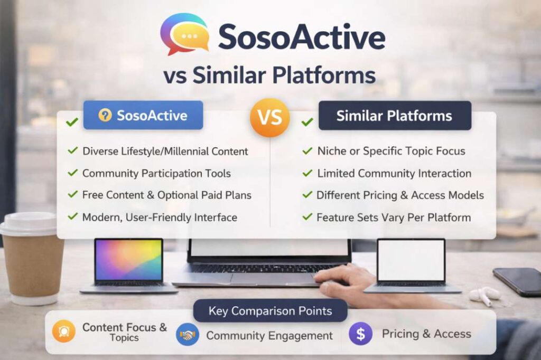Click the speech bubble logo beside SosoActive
point(185,34)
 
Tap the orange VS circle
point(270,117)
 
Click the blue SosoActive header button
point(143,115)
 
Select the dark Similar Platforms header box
point(395,116)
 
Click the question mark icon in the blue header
point(105,115)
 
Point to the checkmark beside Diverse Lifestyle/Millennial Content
point(73,150)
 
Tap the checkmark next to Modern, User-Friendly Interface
point(73,216)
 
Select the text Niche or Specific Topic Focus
point(391,151)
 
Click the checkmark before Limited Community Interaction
point(307,173)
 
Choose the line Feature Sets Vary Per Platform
point(394,217)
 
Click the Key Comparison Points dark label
point(270,311)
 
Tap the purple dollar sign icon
point(360,334)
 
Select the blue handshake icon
point(188,334)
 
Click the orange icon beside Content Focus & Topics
point(64,331)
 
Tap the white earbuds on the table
point(485,295)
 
